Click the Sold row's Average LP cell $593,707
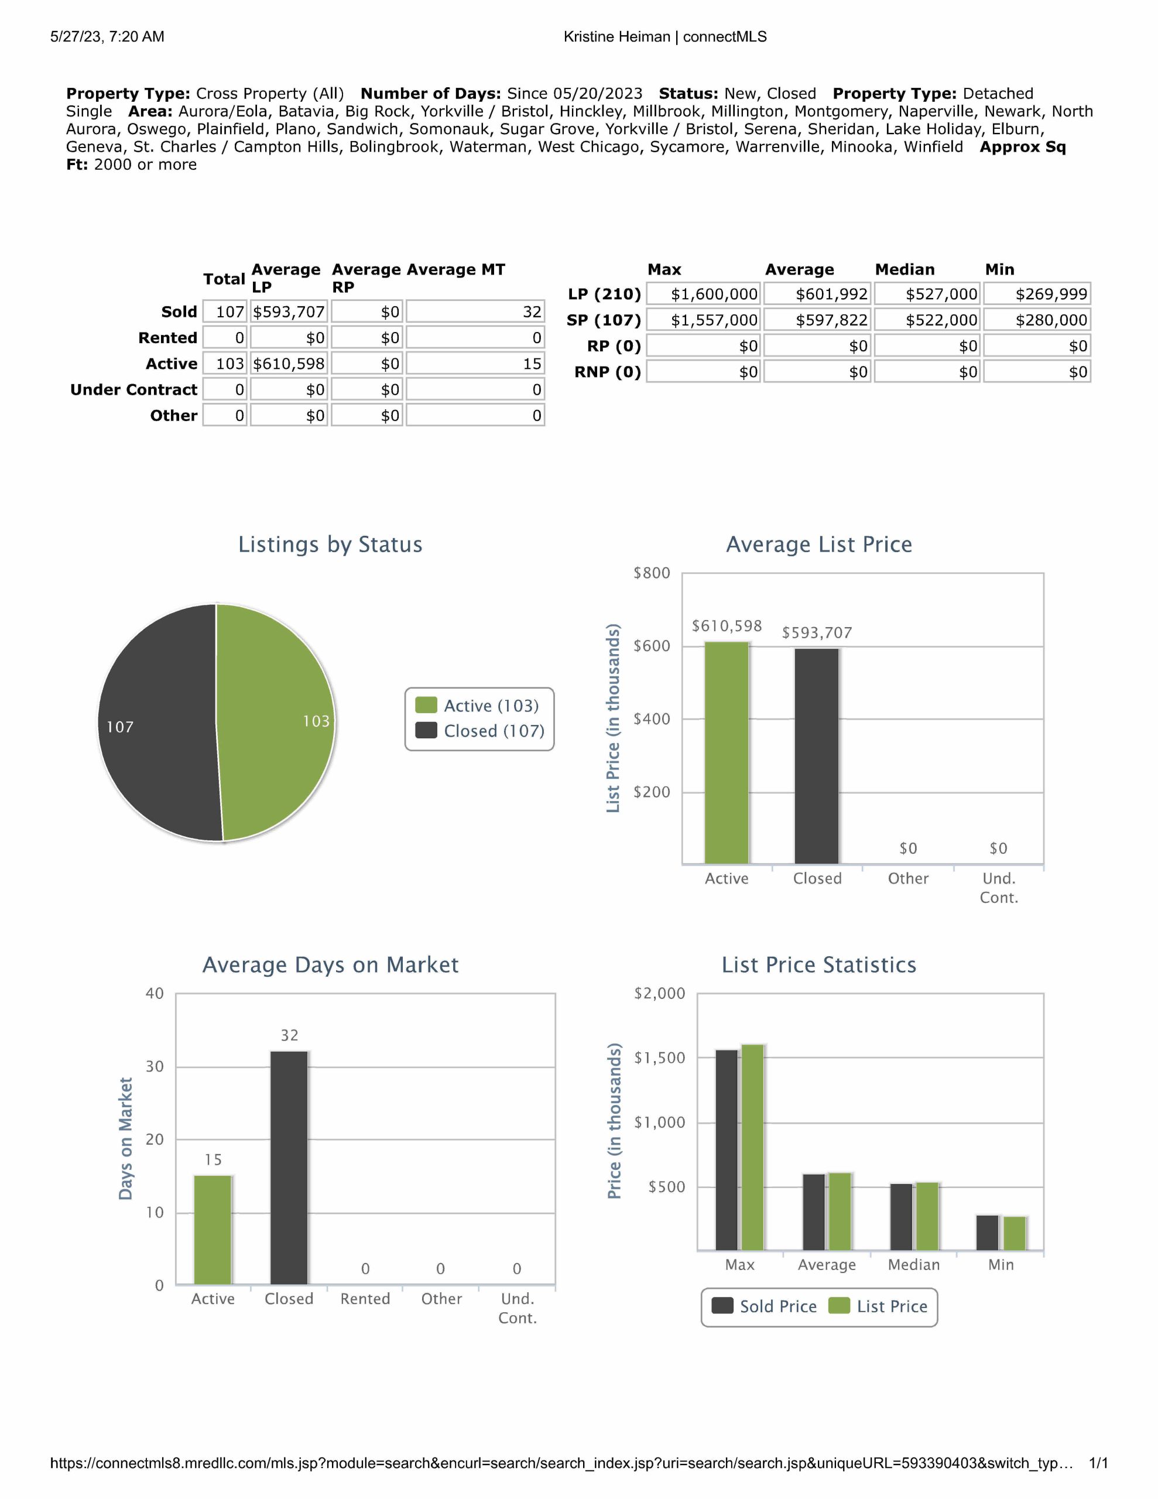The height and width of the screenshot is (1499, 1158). [x=289, y=312]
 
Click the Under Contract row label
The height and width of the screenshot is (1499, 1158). [x=134, y=390]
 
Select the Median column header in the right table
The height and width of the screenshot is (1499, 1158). [x=905, y=269]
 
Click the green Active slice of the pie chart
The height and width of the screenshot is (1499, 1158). [x=275, y=721]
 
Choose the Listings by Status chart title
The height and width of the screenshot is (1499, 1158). [x=330, y=545]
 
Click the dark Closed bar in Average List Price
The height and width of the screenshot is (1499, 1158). [x=817, y=755]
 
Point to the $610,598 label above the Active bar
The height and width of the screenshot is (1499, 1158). [x=727, y=626]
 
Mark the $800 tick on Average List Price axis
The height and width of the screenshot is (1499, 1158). [x=652, y=573]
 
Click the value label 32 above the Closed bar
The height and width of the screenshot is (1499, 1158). [x=289, y=1035]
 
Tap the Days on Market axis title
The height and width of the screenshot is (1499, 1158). [x=125, y=1139]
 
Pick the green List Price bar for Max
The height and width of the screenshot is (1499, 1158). [x=752, y=1147]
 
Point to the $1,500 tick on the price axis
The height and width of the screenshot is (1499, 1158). [x=659, y=1057]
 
